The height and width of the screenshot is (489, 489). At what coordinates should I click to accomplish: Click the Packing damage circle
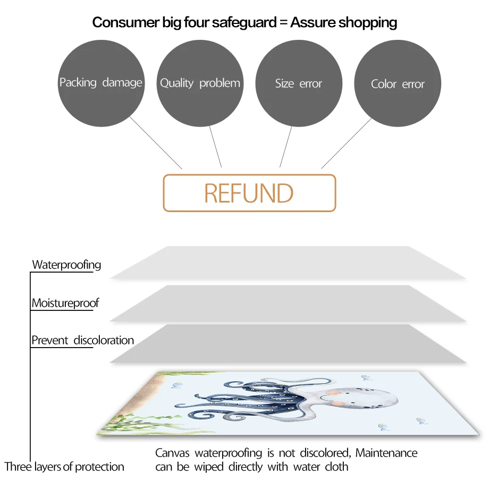(100, 83)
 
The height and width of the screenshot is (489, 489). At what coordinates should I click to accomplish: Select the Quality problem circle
(200, 83)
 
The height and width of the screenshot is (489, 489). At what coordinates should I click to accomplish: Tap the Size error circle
(299, 83)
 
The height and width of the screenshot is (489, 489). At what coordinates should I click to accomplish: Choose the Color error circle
(398, 84)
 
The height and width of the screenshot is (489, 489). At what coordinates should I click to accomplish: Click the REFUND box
(249, 193)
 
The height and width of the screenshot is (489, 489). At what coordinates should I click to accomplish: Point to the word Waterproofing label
(66, 265)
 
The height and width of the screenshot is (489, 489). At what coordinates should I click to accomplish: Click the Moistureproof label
(65, 303)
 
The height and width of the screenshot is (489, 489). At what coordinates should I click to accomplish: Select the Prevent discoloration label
(82, 340)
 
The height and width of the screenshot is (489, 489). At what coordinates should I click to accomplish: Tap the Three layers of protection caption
(64, 467)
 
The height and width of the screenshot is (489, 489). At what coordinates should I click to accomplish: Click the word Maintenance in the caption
(386, 453)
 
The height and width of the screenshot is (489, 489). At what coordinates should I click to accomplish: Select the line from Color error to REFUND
(346, 143)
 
